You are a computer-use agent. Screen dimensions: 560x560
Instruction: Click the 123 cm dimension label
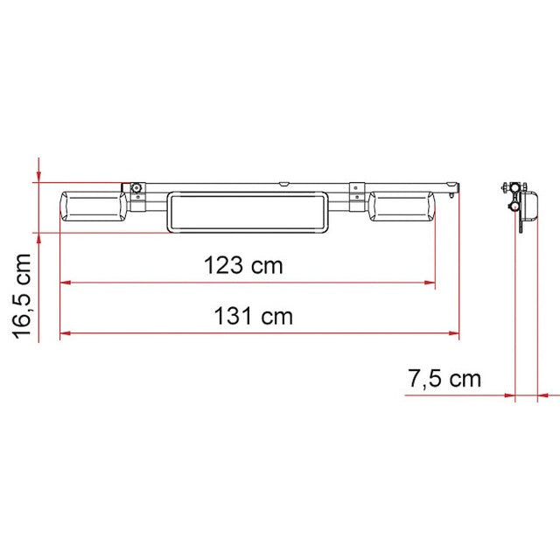pyautogui.click(x=243, y=265)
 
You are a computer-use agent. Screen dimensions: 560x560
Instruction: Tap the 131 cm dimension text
pyautogui.click(x=254, y=316)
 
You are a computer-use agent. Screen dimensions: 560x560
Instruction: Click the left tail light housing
pyautogui.click(x=94, y=208)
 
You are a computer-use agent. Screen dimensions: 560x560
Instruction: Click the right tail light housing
pyautogui.click(x=401, y=208)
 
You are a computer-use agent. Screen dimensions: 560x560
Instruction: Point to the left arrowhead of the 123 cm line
pyautogui.click(x=64, y=283)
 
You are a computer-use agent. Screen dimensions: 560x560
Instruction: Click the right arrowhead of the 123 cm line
pyautogui.click(x=430, y=283)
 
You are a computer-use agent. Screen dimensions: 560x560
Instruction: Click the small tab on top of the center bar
pyautogui.click(x=283, y=184)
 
